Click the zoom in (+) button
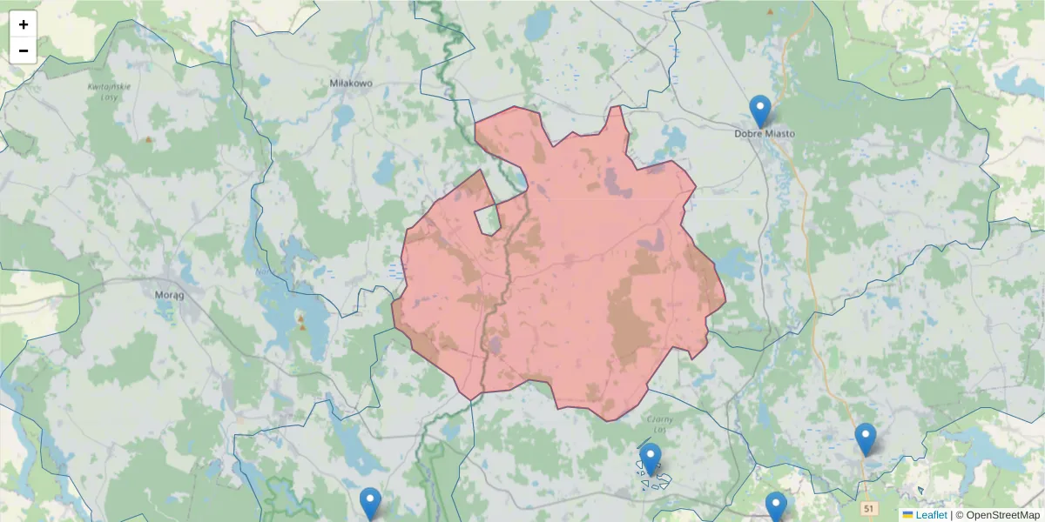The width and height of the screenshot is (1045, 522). pos(24,24)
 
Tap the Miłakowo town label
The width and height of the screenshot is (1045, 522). pos(351,84)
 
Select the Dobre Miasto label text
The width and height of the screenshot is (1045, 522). pos(765,134)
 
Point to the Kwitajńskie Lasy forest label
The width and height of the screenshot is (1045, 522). pos(109,91)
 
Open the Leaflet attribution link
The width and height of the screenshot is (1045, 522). pos(931,515)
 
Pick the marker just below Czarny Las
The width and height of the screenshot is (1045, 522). pos(651,458)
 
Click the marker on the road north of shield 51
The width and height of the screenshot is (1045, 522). pos(865,438)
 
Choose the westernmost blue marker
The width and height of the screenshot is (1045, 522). pos(371,503)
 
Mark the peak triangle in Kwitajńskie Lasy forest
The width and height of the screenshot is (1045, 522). pos(149,139)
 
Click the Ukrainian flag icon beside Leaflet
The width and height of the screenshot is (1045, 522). pos(907,515)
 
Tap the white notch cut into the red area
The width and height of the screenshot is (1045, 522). pos(488,219)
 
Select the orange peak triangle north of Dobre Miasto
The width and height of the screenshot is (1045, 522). pos(770,12)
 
